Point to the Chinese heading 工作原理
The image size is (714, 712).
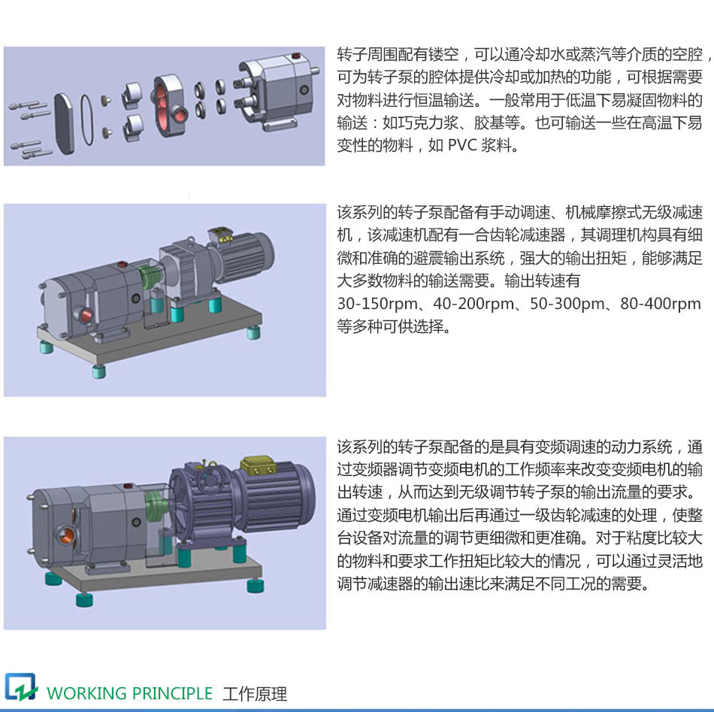pos(254,693)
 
